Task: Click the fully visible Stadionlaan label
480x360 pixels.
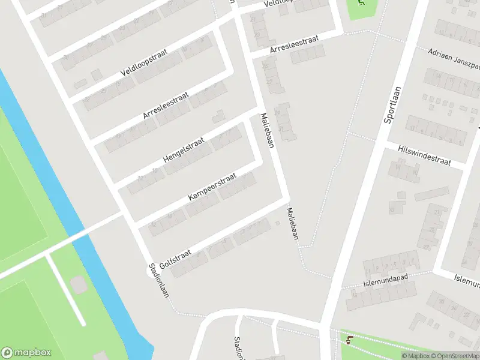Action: pos(159,280)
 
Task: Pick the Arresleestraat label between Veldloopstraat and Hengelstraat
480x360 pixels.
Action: pos(166,105)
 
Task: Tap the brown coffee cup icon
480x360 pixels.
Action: pos(349,340)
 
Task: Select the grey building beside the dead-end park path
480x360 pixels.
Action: pos(79,285)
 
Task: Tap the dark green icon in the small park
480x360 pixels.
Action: pos(361,2)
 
